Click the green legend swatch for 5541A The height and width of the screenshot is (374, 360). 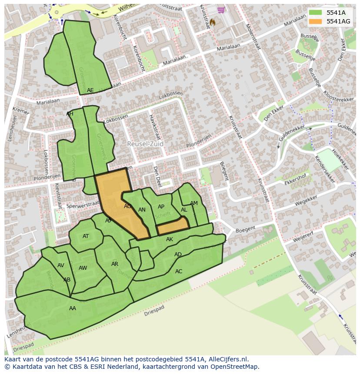coord(315,13)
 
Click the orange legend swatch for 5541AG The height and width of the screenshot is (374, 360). coord(315,21)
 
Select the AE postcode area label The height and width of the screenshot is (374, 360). coord(90,90)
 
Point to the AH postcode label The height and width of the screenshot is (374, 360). coord(70,114)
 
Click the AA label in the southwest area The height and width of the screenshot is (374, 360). coord(73,308)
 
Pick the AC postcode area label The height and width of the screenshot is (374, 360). coord(179,271)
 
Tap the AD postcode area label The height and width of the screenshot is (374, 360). coord(178,255)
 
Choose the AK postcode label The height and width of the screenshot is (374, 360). coord(170,239)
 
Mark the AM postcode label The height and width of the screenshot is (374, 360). coord(194,203)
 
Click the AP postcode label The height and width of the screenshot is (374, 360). coord(161,207)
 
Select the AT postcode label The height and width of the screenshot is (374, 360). coord(86,236)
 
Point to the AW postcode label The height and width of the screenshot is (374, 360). coord(83,268)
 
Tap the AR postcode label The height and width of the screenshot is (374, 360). coord(115,264)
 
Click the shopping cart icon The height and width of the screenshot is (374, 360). coord(221,10)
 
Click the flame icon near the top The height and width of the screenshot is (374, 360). coord(212,22)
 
